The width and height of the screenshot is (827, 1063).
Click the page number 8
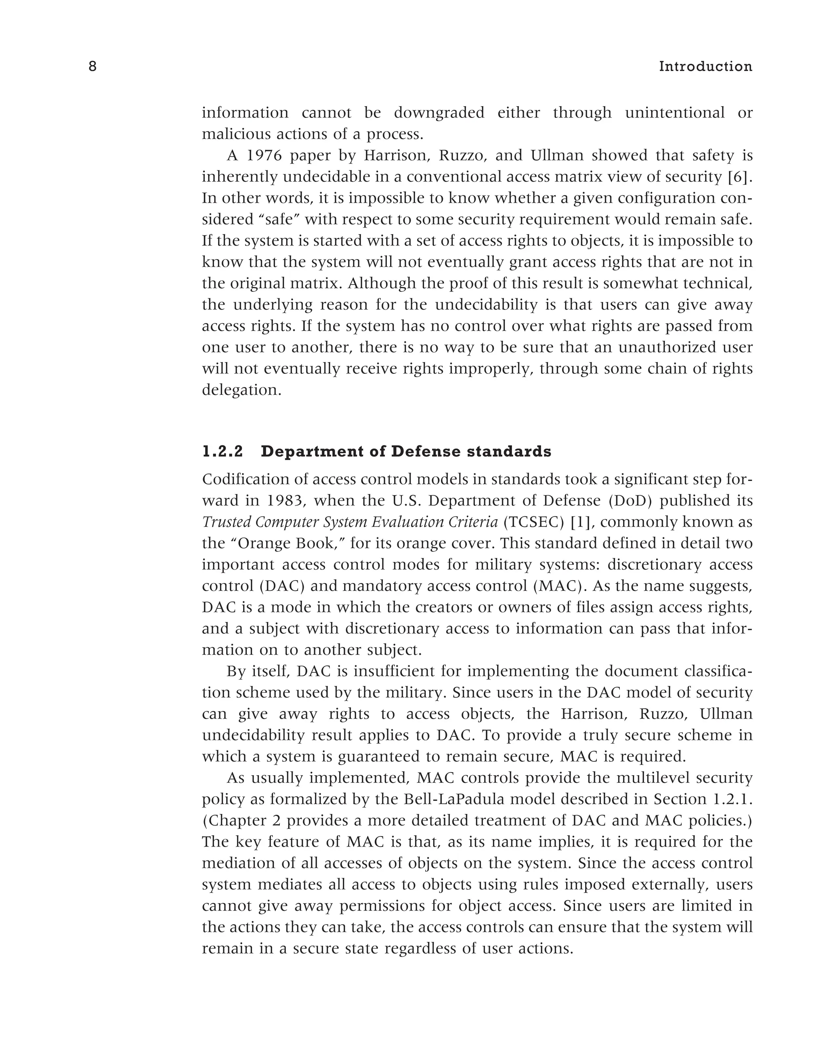[92, 67]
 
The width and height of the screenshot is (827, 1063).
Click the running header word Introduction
[705, 67]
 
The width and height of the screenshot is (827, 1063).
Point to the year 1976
[262, 156]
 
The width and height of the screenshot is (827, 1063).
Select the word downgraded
[439, 113]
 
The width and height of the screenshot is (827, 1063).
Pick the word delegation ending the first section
[241, 390]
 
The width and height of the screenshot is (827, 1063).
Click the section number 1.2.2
[222, 452]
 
